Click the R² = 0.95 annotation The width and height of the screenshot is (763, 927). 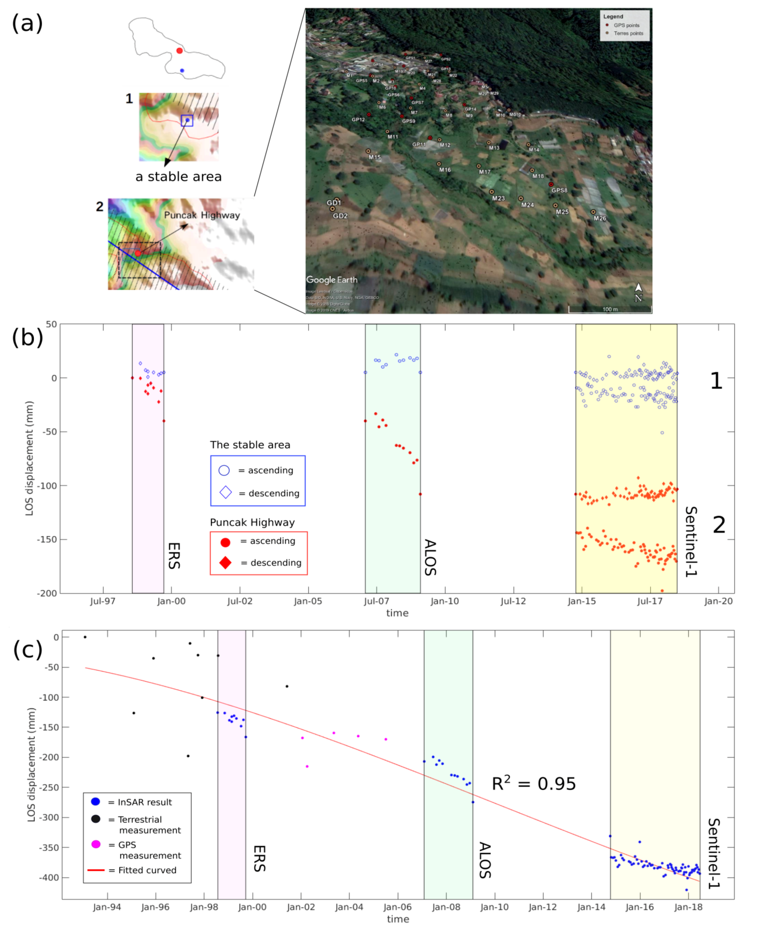[533, 784]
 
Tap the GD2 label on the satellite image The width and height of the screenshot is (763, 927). [340, 216]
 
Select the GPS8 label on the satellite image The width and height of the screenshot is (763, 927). [559, 190]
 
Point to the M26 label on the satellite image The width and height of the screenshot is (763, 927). [600, 218]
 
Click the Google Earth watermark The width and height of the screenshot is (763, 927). [332, 280]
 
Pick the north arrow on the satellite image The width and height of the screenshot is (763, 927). [638, 292]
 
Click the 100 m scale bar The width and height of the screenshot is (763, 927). [609, 309]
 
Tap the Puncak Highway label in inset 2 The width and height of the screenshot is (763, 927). [202, 215]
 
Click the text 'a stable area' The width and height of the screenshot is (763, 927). [178, 177]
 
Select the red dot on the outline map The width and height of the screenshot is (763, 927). [179, 51]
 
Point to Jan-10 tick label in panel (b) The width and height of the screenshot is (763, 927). [444, 601]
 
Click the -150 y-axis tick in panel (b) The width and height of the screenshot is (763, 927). [47, 539]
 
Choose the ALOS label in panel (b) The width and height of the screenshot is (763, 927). [430, 557]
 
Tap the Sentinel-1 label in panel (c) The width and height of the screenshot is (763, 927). [713, 853]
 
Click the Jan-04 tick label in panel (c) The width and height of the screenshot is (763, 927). [349, 907]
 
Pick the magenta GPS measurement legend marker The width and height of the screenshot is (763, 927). [96, 844]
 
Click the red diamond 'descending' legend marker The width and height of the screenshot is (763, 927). [225, 562]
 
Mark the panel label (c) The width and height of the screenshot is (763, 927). [28, 650]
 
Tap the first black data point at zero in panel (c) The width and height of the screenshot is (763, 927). [85, 637]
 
